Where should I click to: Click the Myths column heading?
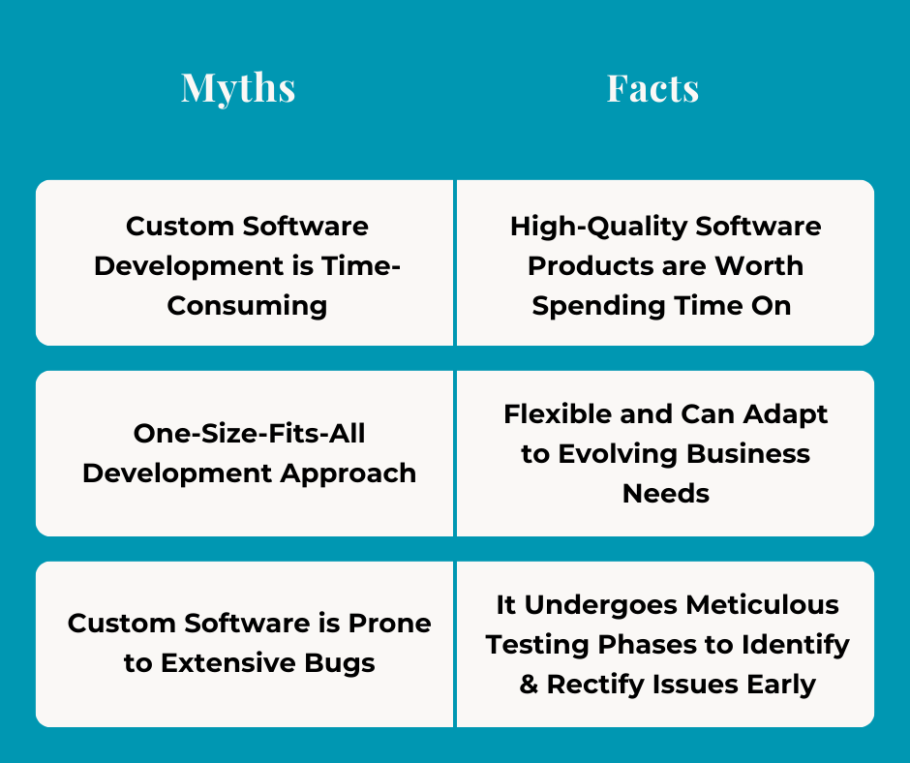click(238, 88)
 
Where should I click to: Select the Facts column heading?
click(652, 88)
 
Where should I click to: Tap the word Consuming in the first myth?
click(247, 306)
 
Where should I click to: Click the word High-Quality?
click(593, 227)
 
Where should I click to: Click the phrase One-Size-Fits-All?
click(249, 434)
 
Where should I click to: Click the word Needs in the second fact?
click(665, 494)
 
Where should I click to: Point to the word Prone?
click(391, 624)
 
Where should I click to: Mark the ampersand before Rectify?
click(529, 685)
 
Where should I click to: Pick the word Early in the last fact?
click(781, 685)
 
